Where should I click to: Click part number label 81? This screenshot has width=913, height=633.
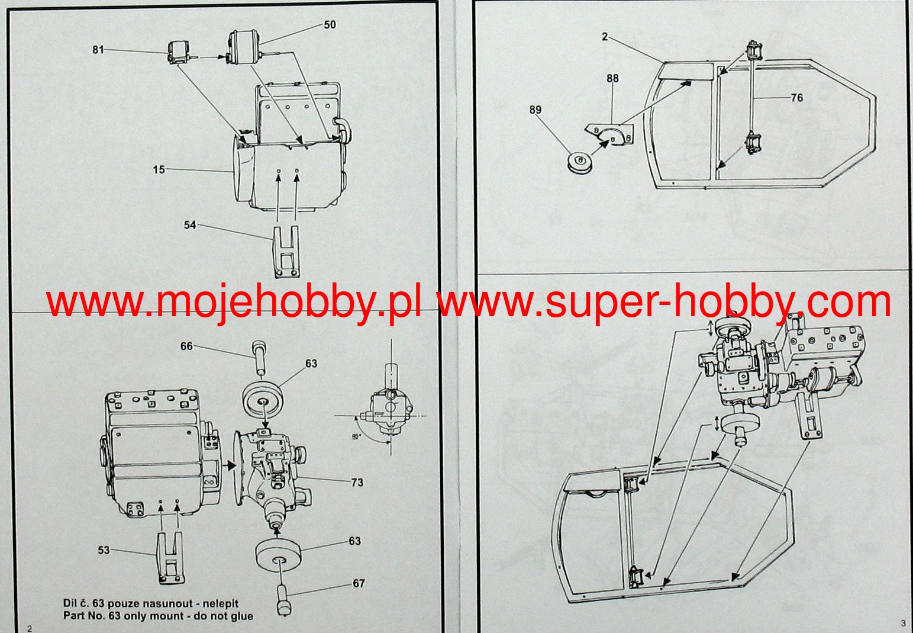[x=98, y=50]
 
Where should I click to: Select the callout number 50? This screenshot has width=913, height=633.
[x=330, y=24]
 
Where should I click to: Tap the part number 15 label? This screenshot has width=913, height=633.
[x=159, y=170]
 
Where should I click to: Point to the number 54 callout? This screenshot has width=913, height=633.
[x=189, y=225]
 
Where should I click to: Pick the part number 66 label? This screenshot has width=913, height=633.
[x=186, y=346]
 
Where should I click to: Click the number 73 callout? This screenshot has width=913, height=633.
[x=357, y=482]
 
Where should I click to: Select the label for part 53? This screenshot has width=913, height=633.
[x=104, y=550]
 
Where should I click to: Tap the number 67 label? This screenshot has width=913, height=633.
[x=359, y=583]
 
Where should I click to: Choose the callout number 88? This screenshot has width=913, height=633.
[x=612, y=78]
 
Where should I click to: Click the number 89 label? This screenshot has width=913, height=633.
[x=535, y=110]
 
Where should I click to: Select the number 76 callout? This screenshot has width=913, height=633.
[x=797, y=97]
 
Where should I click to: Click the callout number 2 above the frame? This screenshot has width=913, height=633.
[x=604, y=36]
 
